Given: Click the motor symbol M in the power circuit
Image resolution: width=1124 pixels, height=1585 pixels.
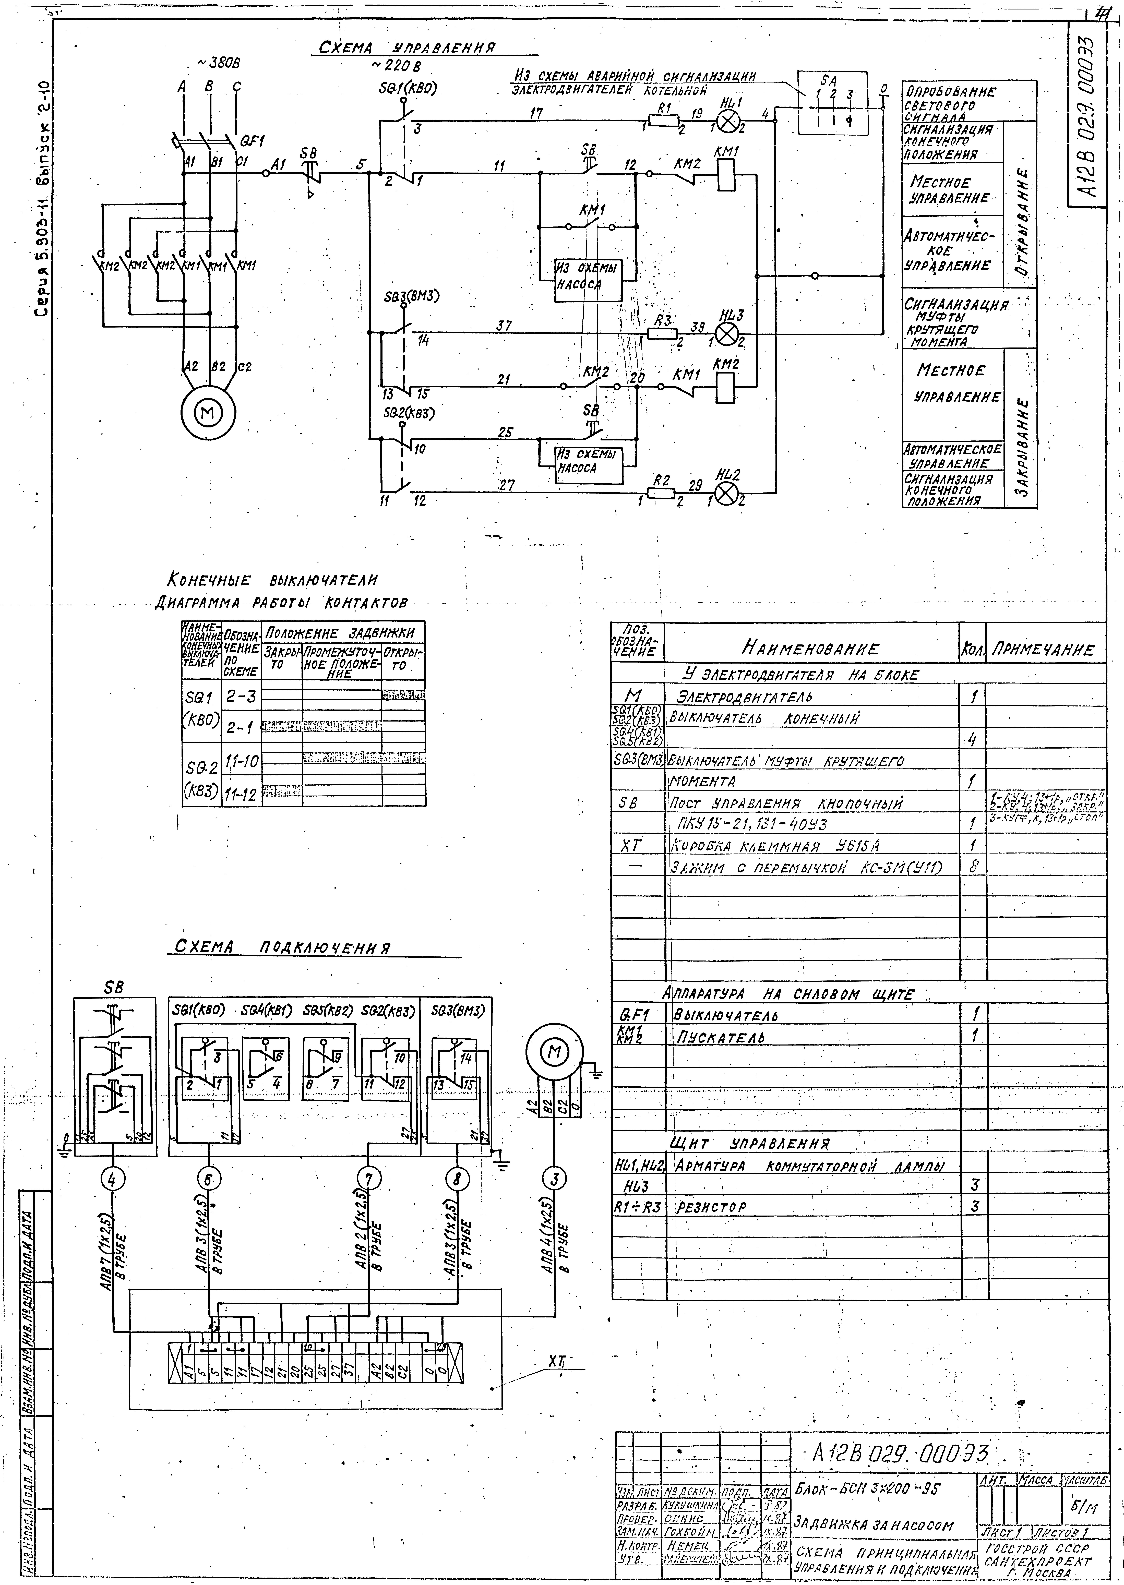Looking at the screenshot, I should [208, 413].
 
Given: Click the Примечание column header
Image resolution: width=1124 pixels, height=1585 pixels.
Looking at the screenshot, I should [1044, 649].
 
